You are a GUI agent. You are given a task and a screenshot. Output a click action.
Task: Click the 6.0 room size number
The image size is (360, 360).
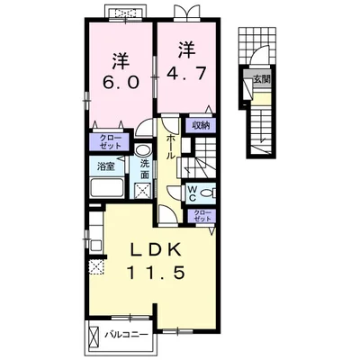pos(121,82)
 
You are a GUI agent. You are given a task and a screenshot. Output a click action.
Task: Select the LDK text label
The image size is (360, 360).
pos(156,249)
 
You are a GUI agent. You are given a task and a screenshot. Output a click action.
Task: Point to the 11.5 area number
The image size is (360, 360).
pos(156,273)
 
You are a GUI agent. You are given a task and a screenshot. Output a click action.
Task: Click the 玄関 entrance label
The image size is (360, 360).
pos(262,79)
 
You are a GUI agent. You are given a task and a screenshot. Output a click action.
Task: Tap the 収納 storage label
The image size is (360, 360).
pos(201,125)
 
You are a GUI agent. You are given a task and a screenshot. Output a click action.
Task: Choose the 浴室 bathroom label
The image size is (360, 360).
pos(106,166)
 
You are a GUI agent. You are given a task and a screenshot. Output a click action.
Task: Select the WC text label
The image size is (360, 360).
pos(192,193)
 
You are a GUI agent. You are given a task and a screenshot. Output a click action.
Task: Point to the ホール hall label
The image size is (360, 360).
pos(170,147)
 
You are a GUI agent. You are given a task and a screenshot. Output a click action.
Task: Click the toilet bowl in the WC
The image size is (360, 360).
pos(208,193)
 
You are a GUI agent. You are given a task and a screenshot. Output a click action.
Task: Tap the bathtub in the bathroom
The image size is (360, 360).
pos(107,188)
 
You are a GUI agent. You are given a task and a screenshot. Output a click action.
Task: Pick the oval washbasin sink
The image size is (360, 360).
pos(141,150)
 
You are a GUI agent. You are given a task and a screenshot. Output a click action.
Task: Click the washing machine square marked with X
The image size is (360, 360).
pos(142,190)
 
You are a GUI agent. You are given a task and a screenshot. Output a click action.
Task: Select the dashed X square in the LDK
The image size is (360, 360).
pos(96,267)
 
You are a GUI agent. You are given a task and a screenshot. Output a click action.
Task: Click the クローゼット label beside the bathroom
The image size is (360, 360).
pos(111,142)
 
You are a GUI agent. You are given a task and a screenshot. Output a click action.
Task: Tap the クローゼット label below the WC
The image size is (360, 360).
pos(201,216)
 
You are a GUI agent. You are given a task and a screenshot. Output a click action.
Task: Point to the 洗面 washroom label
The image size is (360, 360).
pos(145,170)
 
